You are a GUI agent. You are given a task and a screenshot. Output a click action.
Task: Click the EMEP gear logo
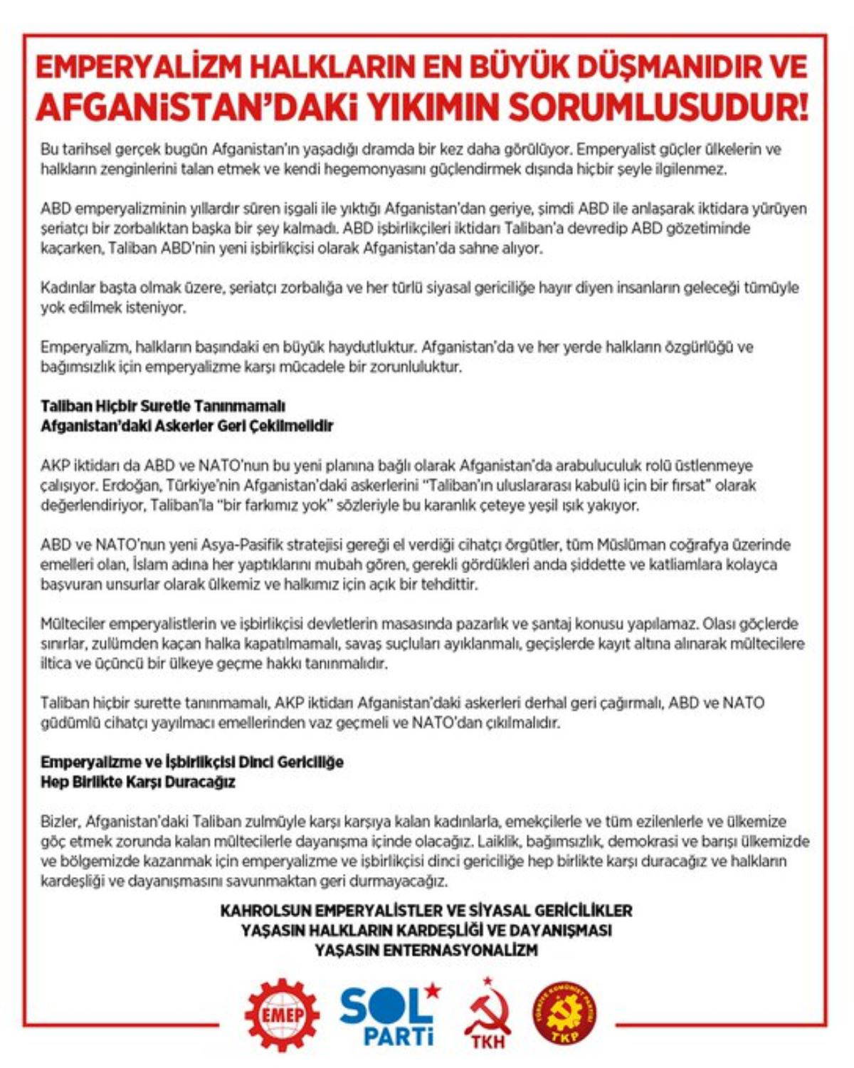pyautogui.click(x=282, y=1013)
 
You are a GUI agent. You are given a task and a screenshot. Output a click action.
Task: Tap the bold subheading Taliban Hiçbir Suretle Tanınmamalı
pyautogui.click(x=163, y=406)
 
